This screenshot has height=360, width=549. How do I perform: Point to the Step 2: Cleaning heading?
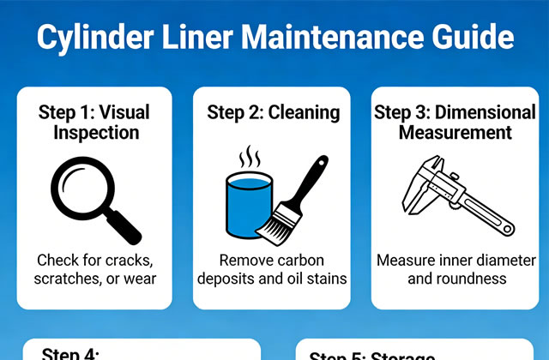(x=274, y=112)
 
